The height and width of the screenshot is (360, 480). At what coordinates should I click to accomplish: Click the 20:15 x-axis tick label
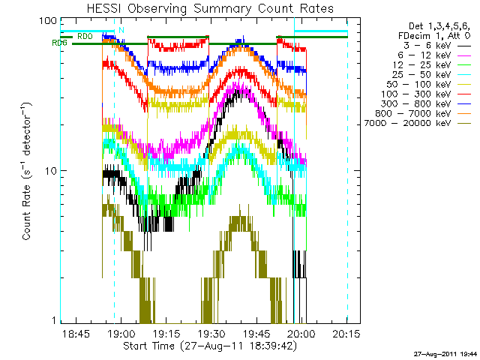pos(346,333)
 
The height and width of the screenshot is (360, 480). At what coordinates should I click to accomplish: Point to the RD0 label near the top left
pos(85,35)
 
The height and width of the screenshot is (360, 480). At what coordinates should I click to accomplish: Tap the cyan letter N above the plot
pos(121,30)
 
